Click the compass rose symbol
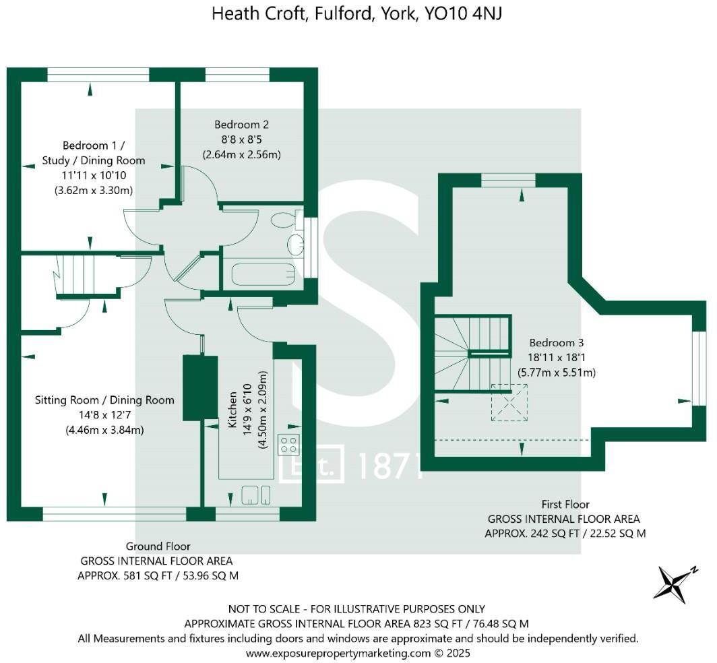675,582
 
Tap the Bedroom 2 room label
242,125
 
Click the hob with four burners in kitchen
289,444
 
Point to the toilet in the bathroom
285,220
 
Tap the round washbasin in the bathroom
294,243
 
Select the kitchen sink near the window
257,495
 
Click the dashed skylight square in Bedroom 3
509,402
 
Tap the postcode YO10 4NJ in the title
463,13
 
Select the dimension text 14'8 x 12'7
104,414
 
